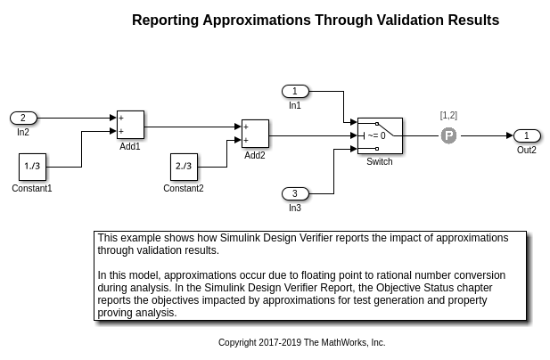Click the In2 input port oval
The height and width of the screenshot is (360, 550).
[23, 119]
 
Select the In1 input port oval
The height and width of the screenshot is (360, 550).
[295, 92]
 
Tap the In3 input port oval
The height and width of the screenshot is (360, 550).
[295, 193]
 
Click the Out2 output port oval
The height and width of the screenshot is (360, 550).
[527, 135]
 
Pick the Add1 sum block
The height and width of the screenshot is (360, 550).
[130, 125]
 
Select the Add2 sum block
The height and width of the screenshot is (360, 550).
[255, 134]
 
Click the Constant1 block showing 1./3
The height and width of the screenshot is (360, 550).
[33, 167]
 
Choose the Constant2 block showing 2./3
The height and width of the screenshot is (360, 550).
[184, 167]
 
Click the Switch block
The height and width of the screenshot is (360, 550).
[380, 135]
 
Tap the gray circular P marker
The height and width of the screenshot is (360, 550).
[448, 135]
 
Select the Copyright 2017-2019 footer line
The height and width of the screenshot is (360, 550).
[301, 342]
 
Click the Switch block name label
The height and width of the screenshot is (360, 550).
[380, 161]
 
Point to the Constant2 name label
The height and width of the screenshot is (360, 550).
[184, 188]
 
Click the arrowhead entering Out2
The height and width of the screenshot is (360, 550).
[510, 135]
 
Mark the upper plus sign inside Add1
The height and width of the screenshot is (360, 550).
[121, 119]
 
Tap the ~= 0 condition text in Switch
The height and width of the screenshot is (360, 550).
[376, 135]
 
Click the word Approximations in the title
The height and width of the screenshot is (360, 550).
[257, 20]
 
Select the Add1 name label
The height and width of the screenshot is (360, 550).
[130, 146]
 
